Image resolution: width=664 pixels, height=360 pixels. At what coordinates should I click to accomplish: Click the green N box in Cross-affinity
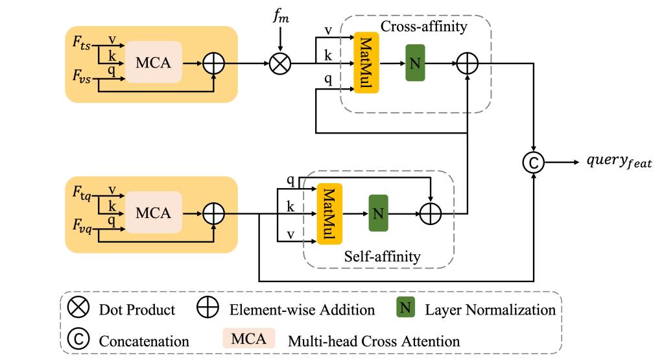coord(415,63)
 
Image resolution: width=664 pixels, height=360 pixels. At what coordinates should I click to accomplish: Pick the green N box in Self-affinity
coord(377,212)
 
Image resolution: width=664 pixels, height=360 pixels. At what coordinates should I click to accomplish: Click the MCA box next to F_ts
coord(153,63)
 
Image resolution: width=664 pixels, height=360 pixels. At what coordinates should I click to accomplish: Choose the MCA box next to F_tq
coord(153,212)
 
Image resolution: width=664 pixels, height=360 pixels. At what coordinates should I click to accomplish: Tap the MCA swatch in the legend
coord(249,339)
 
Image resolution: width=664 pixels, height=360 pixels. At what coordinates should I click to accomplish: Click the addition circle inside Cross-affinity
coord(467,63)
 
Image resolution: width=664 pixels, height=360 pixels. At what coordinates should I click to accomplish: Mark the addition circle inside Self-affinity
coord(431,212)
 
